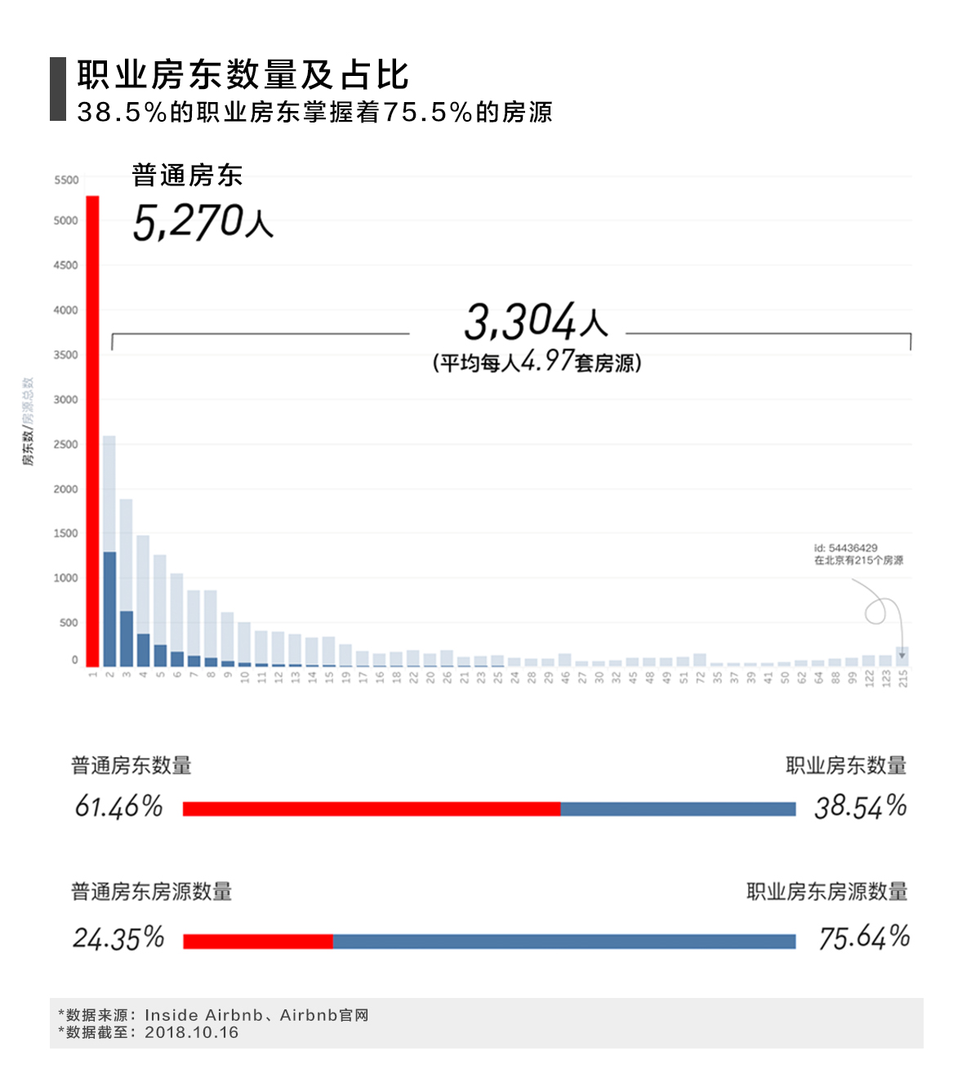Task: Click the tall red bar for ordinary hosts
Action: coord(92,431)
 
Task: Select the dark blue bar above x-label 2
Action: coord(109,609)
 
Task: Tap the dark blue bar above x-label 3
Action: coord(127,639)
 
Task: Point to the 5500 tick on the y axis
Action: coord(66,180)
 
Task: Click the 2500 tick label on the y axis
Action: coord(66,444)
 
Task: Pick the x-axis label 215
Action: coord(903,679)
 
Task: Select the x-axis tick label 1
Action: coord(93,674)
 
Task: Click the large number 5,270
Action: coord(189,222)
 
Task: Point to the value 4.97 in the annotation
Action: coord(547,360)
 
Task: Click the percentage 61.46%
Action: coord(118,807)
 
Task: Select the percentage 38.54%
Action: coord(861,807)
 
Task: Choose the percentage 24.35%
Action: coord(118,938)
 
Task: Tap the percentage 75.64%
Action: coord(864,938)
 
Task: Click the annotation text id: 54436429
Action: coord(845,548)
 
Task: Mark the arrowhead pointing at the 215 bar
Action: coord(902,655)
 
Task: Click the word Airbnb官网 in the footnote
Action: coord(324,1015)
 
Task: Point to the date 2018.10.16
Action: coord(192,1032)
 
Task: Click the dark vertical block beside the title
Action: coord(58,89)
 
